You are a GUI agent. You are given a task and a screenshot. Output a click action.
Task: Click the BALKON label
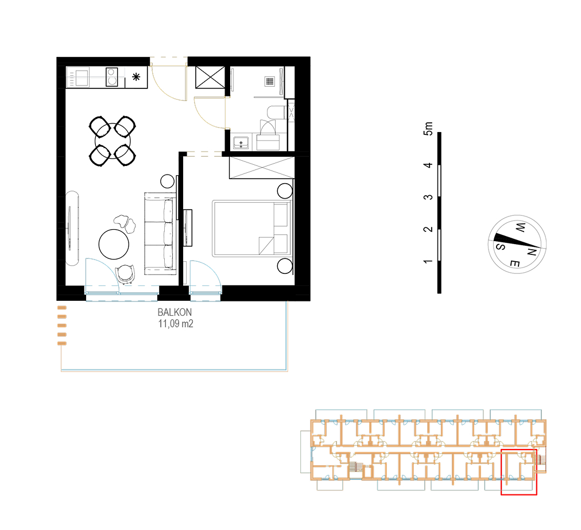(175, 312)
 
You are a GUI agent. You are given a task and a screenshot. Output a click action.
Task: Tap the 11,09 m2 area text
(176, 323)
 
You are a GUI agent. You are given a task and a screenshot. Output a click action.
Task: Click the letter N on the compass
(532, 252)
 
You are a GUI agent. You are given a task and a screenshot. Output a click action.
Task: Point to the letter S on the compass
(500, 246)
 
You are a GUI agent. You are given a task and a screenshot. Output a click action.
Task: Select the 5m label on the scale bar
(428, 129)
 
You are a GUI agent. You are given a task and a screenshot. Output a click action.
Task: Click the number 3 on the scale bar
(428, 197)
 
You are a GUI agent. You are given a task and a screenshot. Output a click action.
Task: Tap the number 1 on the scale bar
(428, 261)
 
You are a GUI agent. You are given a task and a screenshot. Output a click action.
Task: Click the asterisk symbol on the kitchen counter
(137, 77)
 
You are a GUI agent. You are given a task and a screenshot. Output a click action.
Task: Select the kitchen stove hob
(111, 77)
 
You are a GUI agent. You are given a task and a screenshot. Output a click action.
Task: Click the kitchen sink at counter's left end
(78, 77)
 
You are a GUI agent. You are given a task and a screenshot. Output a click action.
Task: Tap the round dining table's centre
(113, 141)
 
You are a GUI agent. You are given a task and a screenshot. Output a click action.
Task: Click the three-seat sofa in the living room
(160, 234)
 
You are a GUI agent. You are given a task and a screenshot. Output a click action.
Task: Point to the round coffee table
(114, 244)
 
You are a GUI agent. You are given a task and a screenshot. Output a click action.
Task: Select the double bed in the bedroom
(250, 229)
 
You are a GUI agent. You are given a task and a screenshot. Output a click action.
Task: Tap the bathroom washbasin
(241, 142)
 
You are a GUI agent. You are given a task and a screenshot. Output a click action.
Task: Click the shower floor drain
(270, 81)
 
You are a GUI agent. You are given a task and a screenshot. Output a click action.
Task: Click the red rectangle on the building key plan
(519, 472)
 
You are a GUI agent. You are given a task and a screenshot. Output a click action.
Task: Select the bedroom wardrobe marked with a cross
(262, 168)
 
